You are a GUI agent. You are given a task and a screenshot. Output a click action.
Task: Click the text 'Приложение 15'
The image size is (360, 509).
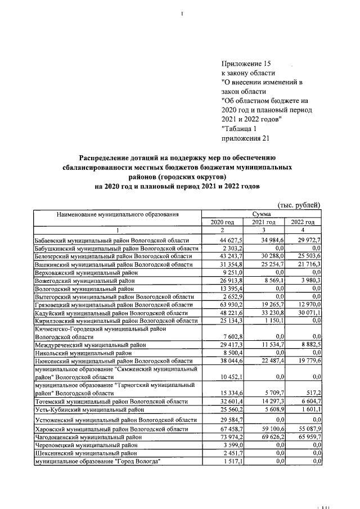tap(247, 64)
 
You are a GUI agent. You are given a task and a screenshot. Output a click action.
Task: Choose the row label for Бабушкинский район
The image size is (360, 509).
tap(116, 249)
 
